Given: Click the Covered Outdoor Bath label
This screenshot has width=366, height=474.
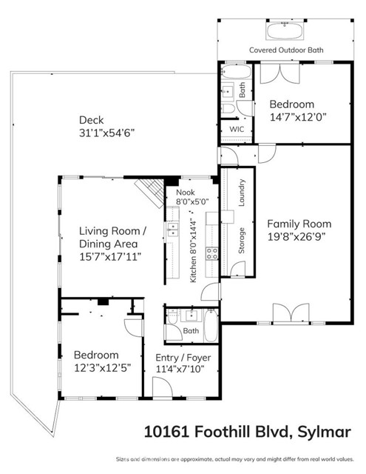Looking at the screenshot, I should pos(285,50).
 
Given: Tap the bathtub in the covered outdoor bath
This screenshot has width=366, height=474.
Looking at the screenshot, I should pos(285,30).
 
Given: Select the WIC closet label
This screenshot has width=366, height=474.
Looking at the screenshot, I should pos(236,129).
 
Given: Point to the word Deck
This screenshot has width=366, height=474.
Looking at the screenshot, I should pos(92,120).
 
